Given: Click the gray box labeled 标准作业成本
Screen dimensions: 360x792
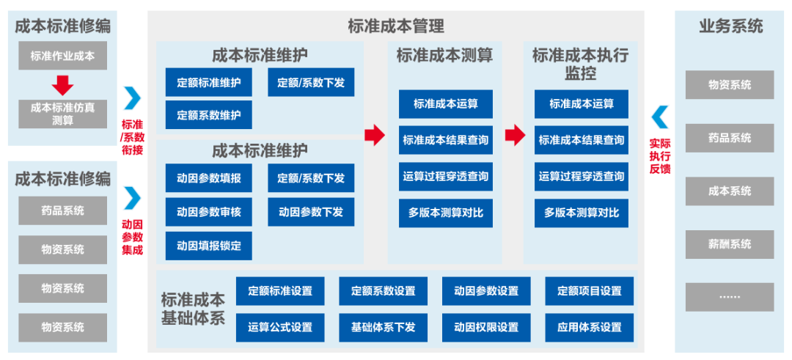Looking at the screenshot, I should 62,56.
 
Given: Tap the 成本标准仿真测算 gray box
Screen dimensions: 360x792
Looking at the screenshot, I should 62,113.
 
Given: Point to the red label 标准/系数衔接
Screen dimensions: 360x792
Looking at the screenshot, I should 133,136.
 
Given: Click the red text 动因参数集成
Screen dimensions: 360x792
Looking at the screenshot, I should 133,236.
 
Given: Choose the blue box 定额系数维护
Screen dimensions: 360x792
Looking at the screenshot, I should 208,115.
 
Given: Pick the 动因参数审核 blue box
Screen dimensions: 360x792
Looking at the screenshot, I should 208,212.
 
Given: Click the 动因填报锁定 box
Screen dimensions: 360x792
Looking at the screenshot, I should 208,245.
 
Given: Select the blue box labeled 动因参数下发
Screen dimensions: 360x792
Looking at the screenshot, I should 311,212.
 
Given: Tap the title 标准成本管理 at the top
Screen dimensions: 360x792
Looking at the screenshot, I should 396,26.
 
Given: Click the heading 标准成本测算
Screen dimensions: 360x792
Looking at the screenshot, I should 444,55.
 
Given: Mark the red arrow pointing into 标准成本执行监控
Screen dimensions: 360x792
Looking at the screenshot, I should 516,135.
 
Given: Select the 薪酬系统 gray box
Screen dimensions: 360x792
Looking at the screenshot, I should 730,243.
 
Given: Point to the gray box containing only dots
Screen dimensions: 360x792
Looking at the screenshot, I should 730,296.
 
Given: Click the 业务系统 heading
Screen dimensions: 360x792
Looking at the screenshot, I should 730,26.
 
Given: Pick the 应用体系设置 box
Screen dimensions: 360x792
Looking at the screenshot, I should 589,327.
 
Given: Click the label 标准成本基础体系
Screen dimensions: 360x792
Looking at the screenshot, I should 194,309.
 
